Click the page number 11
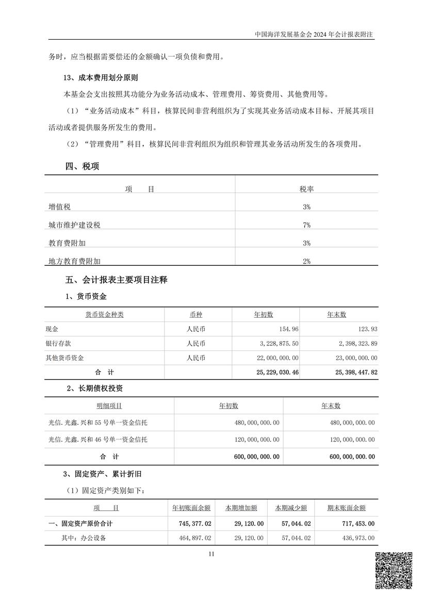[211, 554]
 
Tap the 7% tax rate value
[306, 225]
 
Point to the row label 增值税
[59, 207]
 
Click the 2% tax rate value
[306, 261]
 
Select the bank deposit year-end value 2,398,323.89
[352, 343]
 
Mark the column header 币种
[198, 314]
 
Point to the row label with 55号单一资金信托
[97, 423]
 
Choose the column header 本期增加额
[241, 508]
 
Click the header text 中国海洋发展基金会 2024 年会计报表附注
[314, 35]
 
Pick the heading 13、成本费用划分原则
[103, 77]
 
